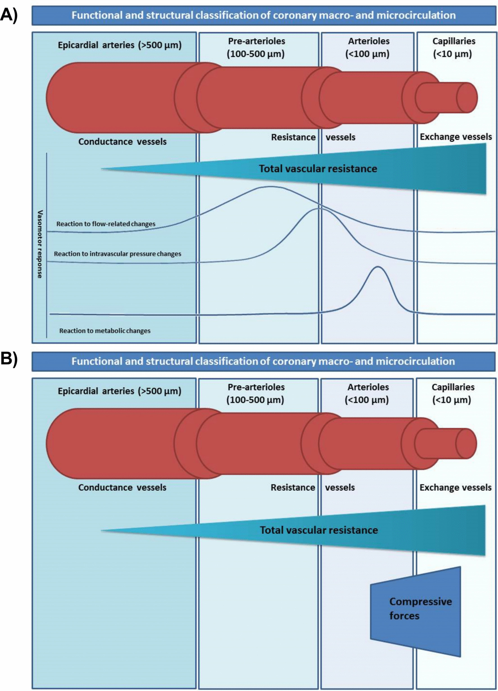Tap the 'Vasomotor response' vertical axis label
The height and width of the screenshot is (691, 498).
point(40,244)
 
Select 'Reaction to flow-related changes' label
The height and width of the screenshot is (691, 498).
point(106,224)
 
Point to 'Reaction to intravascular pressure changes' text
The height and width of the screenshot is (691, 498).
point(118,254)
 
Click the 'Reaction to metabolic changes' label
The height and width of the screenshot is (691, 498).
point(105,331)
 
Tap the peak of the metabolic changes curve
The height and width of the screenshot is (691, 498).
point(378,267)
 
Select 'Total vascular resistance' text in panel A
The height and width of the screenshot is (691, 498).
point(318,169)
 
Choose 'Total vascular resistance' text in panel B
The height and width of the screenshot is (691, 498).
point(319,530)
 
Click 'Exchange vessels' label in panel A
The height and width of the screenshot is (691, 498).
point(456,137)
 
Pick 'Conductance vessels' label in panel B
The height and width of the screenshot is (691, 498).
point(122,487)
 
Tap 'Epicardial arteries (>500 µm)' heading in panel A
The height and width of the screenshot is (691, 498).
point(120,45)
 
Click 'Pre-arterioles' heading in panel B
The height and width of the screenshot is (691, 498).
point(256,387)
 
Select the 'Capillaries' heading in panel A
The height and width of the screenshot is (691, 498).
point(454,41)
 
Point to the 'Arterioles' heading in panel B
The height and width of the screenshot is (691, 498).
point(368,387)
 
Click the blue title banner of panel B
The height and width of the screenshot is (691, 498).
point(263,361)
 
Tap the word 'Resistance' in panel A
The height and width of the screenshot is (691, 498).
point(293,137)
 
